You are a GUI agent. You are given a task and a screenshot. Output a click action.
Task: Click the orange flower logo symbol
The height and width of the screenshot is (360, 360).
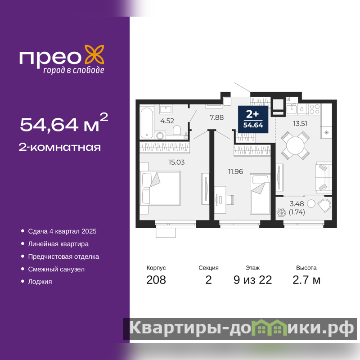coord(94,54)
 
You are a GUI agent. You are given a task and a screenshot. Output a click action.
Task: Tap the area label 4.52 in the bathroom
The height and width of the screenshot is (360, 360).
coord(167,121)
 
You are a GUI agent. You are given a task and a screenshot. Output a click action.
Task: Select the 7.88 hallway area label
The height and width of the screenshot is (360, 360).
coord(216,117)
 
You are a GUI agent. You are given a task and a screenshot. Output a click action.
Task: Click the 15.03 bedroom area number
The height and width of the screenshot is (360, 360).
coord(176,162)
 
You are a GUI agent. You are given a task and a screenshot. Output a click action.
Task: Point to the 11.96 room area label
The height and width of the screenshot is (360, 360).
coord(235,171)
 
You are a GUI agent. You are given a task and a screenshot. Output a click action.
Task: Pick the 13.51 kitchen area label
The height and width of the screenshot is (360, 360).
coord(300,123)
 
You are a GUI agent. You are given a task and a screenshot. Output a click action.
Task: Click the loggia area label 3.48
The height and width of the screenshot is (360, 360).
coord(297,203)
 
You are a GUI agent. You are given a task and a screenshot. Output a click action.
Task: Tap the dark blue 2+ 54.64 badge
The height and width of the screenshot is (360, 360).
coord(253,119)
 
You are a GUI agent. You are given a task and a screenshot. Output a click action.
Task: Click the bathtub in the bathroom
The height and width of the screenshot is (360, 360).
coord(147,123)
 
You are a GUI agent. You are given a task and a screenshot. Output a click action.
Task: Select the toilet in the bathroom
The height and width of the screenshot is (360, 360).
coord(177,130)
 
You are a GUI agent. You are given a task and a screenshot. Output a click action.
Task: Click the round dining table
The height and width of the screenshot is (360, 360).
coord(295,145)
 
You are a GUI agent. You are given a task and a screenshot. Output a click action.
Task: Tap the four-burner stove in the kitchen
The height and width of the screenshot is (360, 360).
coord(315,109)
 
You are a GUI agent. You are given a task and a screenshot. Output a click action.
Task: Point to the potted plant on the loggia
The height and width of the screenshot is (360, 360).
coord(281,212)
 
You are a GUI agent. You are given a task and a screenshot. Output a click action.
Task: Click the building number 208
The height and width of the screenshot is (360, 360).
coord(156,280)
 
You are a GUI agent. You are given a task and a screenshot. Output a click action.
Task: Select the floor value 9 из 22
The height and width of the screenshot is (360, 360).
coord(252,280)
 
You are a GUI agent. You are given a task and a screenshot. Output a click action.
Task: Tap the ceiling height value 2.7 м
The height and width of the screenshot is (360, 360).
coord(306,280)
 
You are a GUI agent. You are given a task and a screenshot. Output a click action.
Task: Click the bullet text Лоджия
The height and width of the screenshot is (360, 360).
coord(40,282)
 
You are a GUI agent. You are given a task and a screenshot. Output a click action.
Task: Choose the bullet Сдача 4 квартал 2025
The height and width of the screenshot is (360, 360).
coord(62,231)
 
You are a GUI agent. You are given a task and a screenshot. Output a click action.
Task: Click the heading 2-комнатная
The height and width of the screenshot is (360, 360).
coord(60,147)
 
